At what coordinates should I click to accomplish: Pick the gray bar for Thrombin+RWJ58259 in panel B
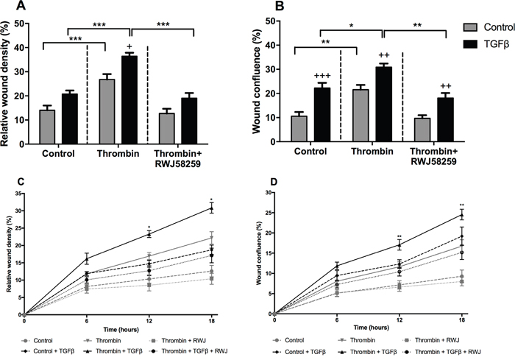click(422, 130)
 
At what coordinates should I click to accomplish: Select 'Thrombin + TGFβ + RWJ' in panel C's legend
click(192, 353)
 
